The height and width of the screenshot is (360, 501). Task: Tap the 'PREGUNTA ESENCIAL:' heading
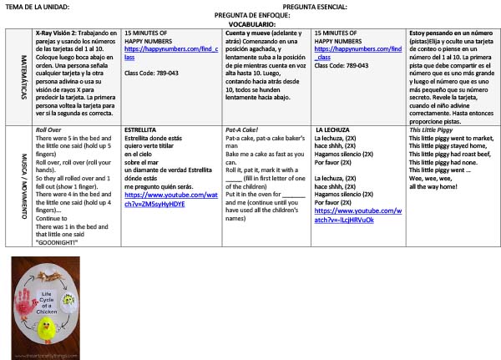pyautogui.click(x=315, y=7)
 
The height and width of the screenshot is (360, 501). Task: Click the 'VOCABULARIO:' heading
pyautogui.click(x=251, y=25)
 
